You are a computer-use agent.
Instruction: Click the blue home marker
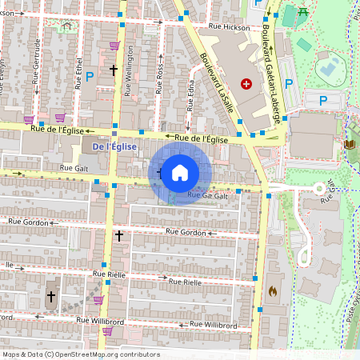point(179,173)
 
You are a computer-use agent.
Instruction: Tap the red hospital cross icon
point(246,83)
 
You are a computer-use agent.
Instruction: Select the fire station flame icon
point(273,290)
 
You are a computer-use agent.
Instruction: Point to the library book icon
point(348,144)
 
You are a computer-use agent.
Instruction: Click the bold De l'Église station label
point(115,147)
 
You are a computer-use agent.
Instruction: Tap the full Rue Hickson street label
point(229,26)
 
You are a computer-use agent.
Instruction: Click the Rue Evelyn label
point(2,68)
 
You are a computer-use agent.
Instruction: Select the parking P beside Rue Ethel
point(90,74)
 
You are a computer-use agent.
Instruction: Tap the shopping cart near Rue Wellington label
point(114,46)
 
